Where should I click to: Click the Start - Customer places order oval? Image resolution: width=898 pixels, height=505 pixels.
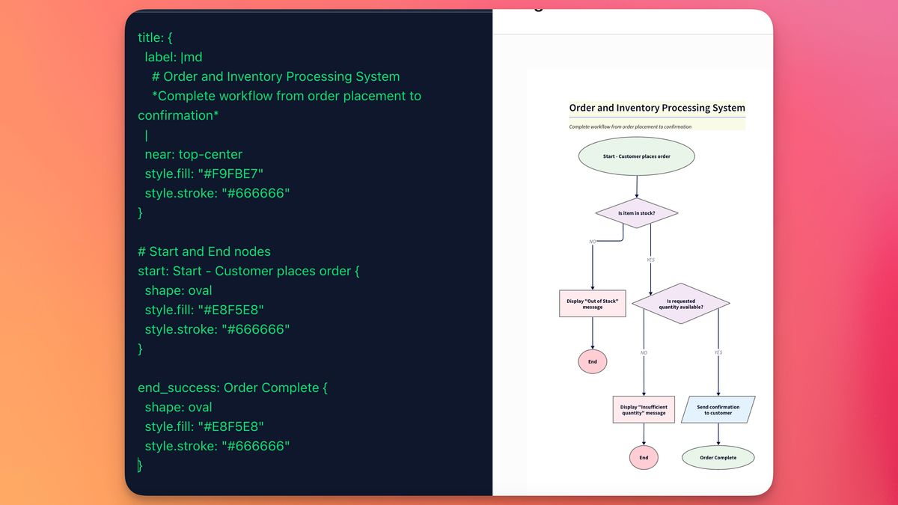pyautogui.click(x=636, y=156)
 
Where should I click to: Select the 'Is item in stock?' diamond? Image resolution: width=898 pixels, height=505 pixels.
pyautogui.click(x=636, y=213)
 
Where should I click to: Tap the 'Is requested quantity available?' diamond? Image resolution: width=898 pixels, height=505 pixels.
pyautogui.click(x=680, y=304)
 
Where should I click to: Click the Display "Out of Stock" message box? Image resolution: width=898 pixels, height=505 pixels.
pyautogui.click(x=592, y=304)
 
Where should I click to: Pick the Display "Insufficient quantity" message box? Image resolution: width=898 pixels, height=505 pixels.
pyautogui.click(x=644, y=410)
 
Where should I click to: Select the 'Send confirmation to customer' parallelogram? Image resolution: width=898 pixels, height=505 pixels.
pyautogui.click(x=718, y=410)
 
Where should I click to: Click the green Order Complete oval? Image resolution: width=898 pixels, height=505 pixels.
pyautogui.click(x=718, y=458)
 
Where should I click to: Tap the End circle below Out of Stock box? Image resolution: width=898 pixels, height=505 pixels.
pyautogui.click(x=592, y=361)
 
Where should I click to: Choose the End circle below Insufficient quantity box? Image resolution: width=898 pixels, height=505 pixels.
pyautogui.click(x=644, y=458)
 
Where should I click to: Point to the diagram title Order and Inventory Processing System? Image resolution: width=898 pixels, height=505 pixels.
pyautogui.click(x=656, y=108)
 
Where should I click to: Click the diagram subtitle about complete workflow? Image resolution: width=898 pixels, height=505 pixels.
pyautogui.click(x=630, y=126)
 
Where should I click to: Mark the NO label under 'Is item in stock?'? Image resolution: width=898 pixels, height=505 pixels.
pyautogui.click(x=593, y=242)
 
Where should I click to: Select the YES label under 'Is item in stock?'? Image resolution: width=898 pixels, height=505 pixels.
pyautogui.click(x=650, y=260)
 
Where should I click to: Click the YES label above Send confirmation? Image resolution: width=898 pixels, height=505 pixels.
pyautogui.click(x=718, y=352)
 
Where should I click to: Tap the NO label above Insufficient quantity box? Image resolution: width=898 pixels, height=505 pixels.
pyautogui.click(x=644, y=352)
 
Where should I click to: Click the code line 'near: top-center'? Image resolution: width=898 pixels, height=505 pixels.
pyautogui.click(x=193, y=154)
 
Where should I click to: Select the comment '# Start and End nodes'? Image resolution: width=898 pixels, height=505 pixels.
pyautogui.click(x=204, y=251)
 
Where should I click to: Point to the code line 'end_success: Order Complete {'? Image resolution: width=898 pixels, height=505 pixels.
pyautogui.click(x=233, y=388)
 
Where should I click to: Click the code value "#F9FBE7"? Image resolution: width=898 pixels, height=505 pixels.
pyautogui.click(x=230, y=174)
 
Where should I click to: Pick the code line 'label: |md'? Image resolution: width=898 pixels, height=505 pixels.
pyautogui.click(x=173, y=57)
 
